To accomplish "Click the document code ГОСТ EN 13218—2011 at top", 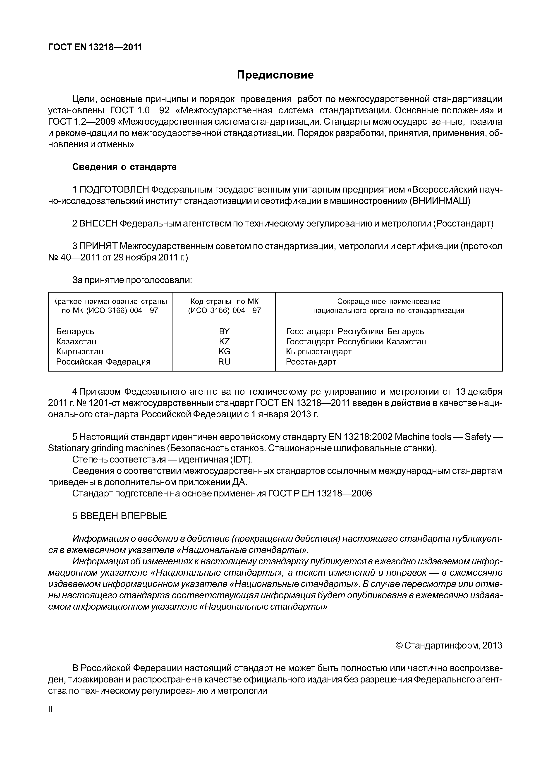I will pyautogui.click(x=95, y=47).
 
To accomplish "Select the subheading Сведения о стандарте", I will pyautogui.click(x=124, y=167).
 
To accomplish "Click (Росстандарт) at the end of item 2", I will pyautogui.click(x=463, y=224).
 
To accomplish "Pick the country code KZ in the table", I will pyautogui.click(x=224, y=341).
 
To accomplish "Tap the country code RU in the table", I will pyautogui.click(x=224, y=362).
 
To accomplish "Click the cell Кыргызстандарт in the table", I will pyautogui.click(x=319, y=351).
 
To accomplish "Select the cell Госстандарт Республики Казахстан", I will pyautogui.click(x=356, y=341).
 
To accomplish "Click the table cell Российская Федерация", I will pyautogui.click(x=103, y=362).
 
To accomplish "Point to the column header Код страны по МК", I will pyautogui.click(x=224, y=301).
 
